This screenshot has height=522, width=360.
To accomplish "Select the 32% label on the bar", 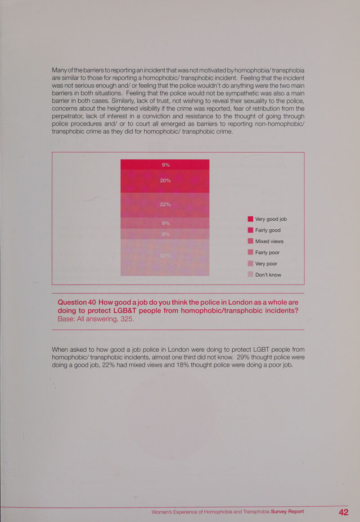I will point(165,257).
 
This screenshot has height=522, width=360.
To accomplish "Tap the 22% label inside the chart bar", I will point(165,204).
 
